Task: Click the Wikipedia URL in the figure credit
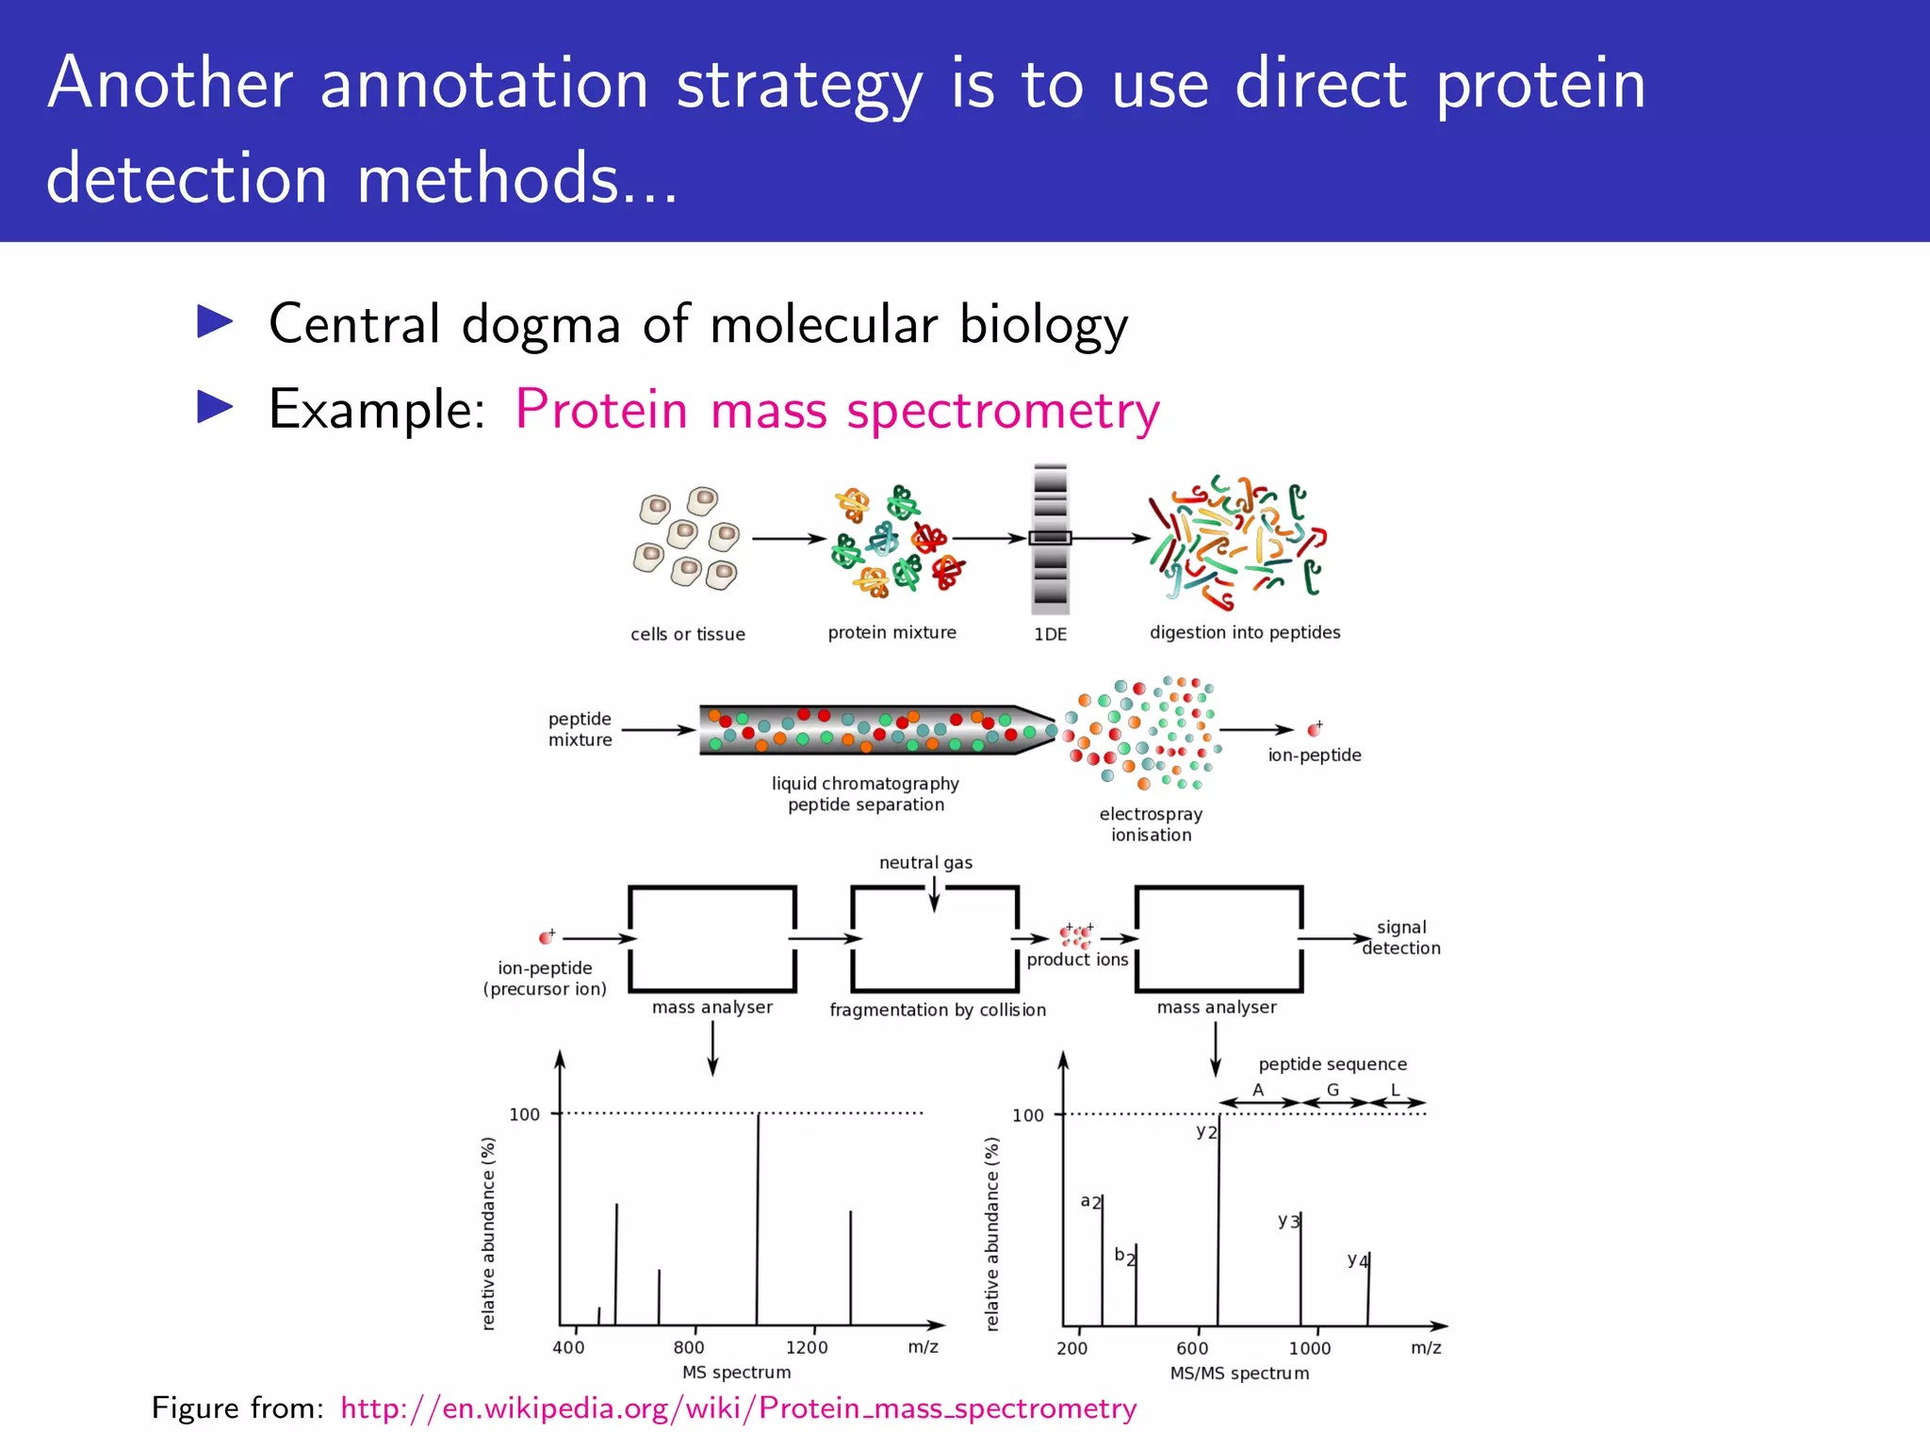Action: pyautogui.click(x=738, y=1407)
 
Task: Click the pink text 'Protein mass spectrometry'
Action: pyautogui.click(x=837, y=410)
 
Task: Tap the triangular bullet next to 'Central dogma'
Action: pyautogui.click(x=215, y=322)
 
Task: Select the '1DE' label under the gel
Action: pyautogui.click(x=1050, y=634)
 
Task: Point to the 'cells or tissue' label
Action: pyautogui.click(x=688, y=634)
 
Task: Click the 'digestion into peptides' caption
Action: pyautogui.click(x=1244, y=632)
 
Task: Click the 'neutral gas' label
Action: pyautogui.click(x=925, y=862)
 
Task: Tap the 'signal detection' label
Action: pyautogui.click(x=1401, y=937)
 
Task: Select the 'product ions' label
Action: pyautogui.click(x=1077, y=959)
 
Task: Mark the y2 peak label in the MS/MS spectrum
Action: pyautogui.click(x=1206, y=1131)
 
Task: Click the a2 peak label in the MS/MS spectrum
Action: pyautogui.click(x=1090, y=1201)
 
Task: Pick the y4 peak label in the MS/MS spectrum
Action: pyautogui.click(x=1357, y=1260)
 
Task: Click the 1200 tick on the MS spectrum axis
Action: pyautogui.click(x=807, y=1347)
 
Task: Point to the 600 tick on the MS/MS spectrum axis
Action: pyautogui.click(x=1192, y=1348)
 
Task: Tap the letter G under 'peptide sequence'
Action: pyautogui.click(x=1333, y=1090)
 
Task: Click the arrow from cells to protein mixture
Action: pyautogui.click(x=788, y=539)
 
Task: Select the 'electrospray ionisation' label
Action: pyautogui.click(x=1151, y=824)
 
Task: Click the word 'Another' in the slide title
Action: pyautogui.click(x=171, y=83)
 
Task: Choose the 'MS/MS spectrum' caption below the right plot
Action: pyautogui.click(x=1239, y=1373)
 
